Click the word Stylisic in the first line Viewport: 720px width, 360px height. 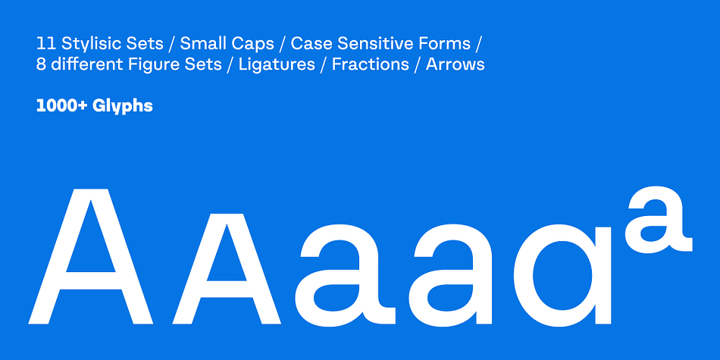coord(89,44)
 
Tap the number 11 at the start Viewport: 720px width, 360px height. coord(45,44)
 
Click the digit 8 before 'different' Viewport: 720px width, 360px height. coord(41,64)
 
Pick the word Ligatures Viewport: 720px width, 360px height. coord(277,64)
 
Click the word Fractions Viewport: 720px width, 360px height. coord(370,64)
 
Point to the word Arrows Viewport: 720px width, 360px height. coord(455,64)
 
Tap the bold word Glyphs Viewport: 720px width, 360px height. coord(122,107)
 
